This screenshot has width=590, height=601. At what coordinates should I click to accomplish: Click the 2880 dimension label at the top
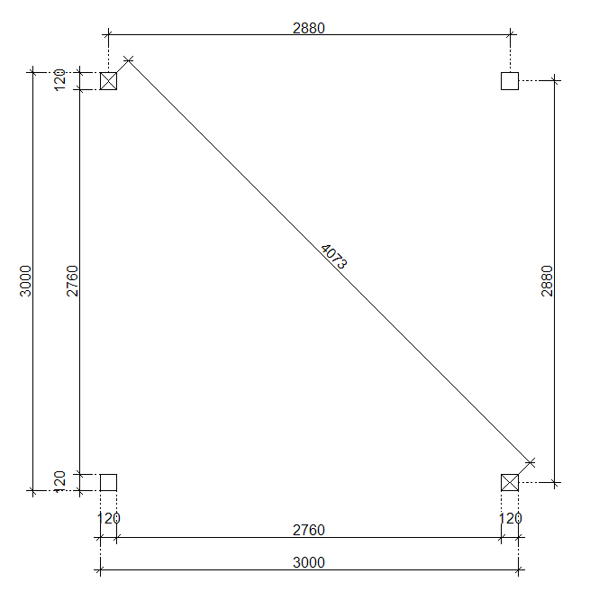308,28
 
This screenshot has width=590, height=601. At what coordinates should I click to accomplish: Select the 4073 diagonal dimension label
333,257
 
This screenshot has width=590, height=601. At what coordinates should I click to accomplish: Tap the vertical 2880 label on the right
547,281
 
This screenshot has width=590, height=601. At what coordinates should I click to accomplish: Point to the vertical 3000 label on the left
25,281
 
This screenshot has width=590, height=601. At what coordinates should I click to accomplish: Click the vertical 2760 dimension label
72,281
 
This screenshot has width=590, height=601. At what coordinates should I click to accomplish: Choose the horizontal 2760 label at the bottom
308,530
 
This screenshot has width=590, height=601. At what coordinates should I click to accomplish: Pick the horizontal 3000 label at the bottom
308,562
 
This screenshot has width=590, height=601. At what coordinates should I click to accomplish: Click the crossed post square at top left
108,81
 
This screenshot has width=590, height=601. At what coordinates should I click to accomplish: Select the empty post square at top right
510,81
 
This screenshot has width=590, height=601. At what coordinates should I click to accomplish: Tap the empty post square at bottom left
108,482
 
